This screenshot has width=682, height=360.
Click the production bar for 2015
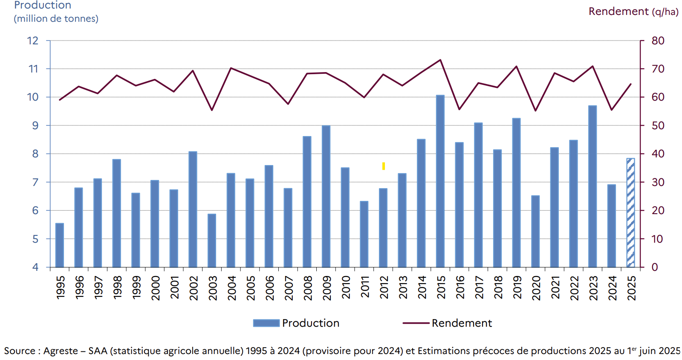click(x=440, y=181)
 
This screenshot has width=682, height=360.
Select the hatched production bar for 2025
click(x=630, y=213)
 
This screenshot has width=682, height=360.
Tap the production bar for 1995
click(x=60, y=245)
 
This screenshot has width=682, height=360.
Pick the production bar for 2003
click(x=212, y=241)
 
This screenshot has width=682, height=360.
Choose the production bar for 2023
click(x=592, y=186)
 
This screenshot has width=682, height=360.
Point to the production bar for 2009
click(x=326, y=197)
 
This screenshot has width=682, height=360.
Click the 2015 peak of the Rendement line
click(x=440, y=60)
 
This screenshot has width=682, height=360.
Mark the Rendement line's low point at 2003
click(x=212, y=110)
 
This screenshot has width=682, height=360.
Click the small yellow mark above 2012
click(x=384, y=166)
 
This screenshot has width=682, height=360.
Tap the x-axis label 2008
click(x=308, y=288)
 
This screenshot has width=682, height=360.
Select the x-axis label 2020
click(x=536, y=288)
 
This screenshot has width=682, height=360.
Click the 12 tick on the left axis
click(x=33, y=41)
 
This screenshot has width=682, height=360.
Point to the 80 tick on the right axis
click(x=658, y=41)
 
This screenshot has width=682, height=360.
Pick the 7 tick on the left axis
click(x=35, y=182)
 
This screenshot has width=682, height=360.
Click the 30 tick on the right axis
click(x=658, y=182)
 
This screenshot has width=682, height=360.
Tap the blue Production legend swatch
click(x=266, y=323)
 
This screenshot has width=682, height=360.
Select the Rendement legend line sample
click(x=416, y=323)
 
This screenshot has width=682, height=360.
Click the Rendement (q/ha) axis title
click(x=633, y=12)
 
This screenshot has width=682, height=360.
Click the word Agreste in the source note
click(x=61, y=351)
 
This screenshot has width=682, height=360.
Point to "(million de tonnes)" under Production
click(x=56, y=19)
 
